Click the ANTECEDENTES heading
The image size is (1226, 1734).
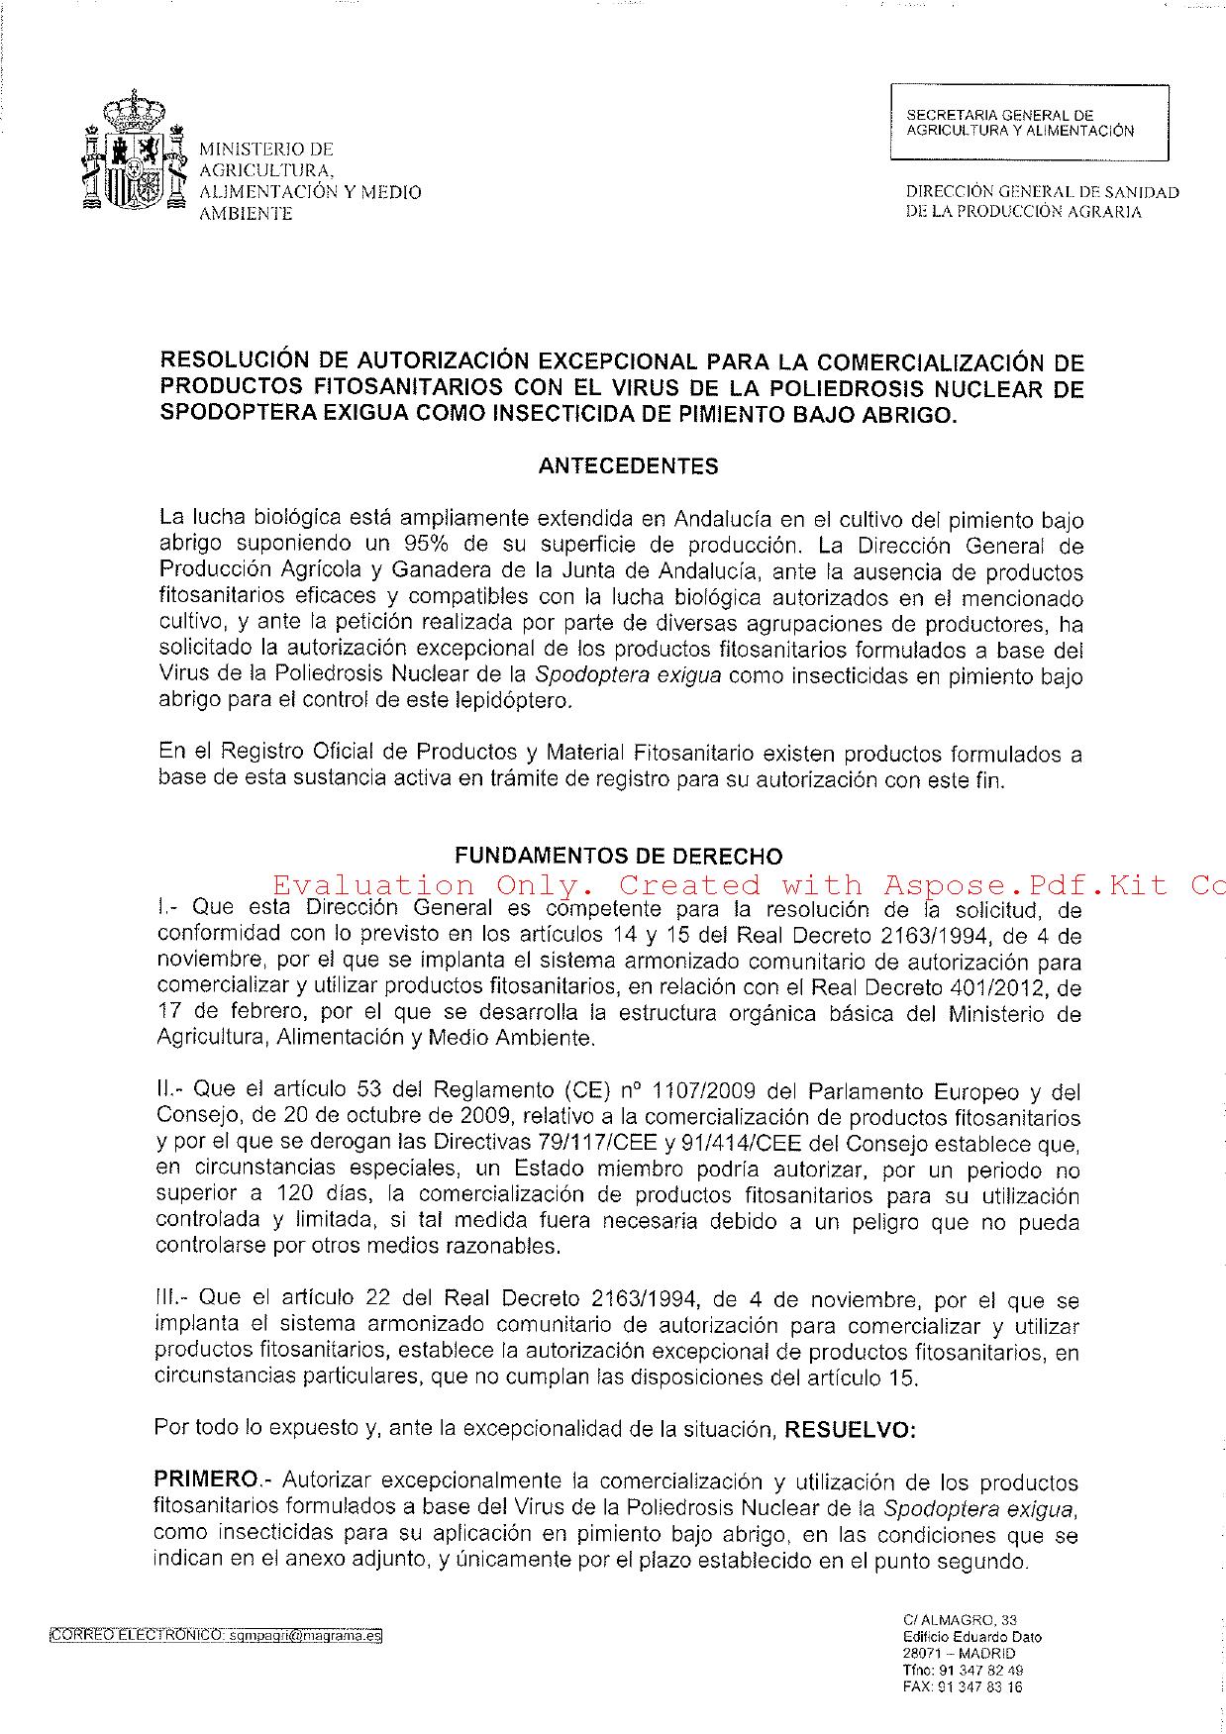pos(628,466)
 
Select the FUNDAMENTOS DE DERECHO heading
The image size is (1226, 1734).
pos(618,857)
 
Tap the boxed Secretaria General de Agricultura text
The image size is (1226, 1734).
pos(1020,123)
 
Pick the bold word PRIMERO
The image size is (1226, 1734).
pos(205,1479)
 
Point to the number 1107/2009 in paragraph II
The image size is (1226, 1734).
pos(702,1091)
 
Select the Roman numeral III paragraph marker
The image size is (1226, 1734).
pos(167,1298)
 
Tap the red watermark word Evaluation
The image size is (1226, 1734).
pos(373,884)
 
